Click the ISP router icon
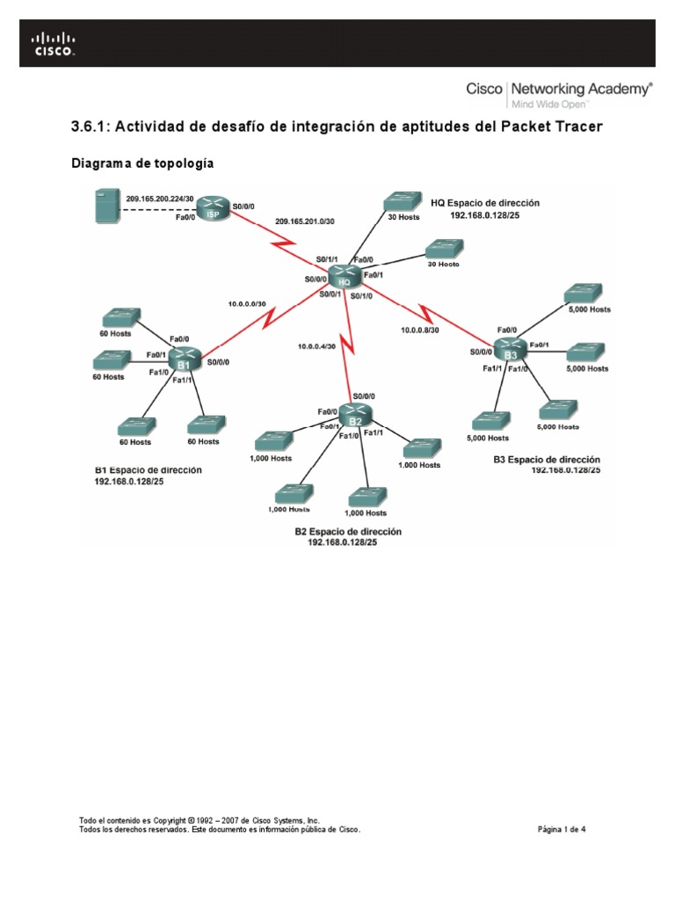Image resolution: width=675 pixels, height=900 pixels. point(212,210)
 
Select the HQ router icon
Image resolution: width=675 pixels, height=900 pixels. point(346,276)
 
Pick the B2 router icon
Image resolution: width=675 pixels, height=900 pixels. point(355,414)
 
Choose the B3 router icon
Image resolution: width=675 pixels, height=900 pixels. point(508,349)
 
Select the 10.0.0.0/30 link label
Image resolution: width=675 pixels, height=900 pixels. point(247,303)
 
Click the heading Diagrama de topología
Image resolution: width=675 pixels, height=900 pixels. point(142,163)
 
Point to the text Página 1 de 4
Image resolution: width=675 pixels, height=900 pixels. point(561,828)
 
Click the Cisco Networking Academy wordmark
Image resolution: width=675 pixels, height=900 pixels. point(558,89)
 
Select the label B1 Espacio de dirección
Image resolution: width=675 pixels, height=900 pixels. point(148,470)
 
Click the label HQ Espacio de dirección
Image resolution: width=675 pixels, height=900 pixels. point(484,202)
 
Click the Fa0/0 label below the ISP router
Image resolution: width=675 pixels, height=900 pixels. point(185,217)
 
